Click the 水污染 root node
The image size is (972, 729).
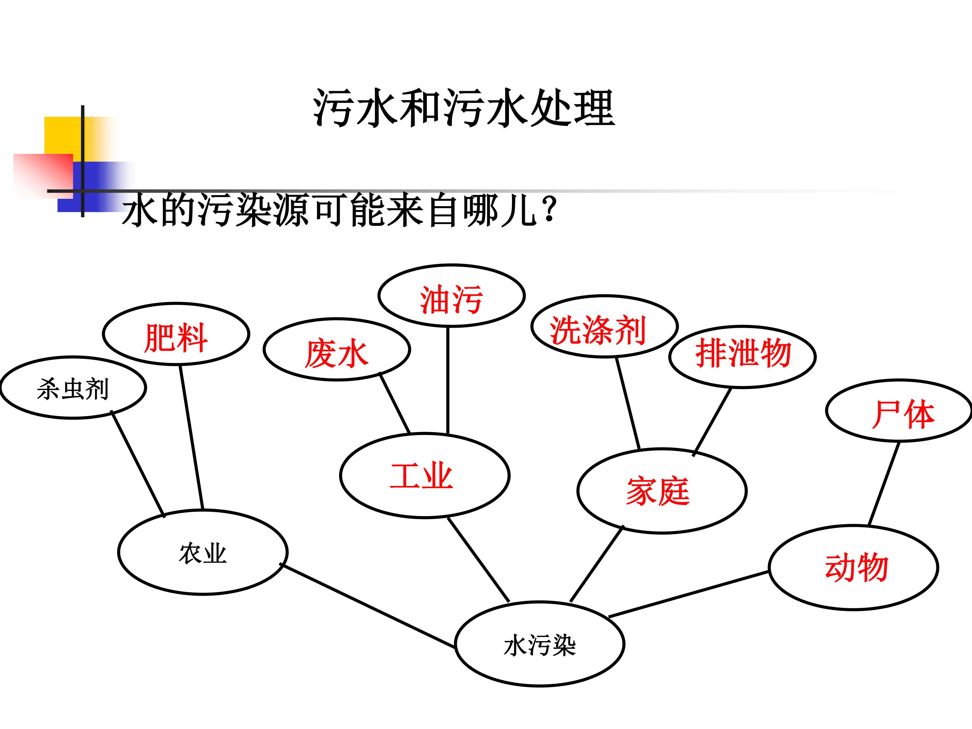[x=540, y=644]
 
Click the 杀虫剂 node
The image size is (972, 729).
[x=73, y=387]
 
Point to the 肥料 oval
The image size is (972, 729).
[x=176, y=334]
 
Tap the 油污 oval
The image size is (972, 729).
[x=452, y=296]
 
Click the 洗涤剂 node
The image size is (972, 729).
[x=605, y=326]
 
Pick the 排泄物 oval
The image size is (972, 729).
[x=742, y=357]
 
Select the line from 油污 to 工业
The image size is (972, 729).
[x=448, y=381]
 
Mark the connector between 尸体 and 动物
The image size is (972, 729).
[x=884, y=484]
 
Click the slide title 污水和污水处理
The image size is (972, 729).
[x=464, y=108]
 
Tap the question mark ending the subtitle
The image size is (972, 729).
[x=550, y=210]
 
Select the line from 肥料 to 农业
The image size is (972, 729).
[x=191, y=438]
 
